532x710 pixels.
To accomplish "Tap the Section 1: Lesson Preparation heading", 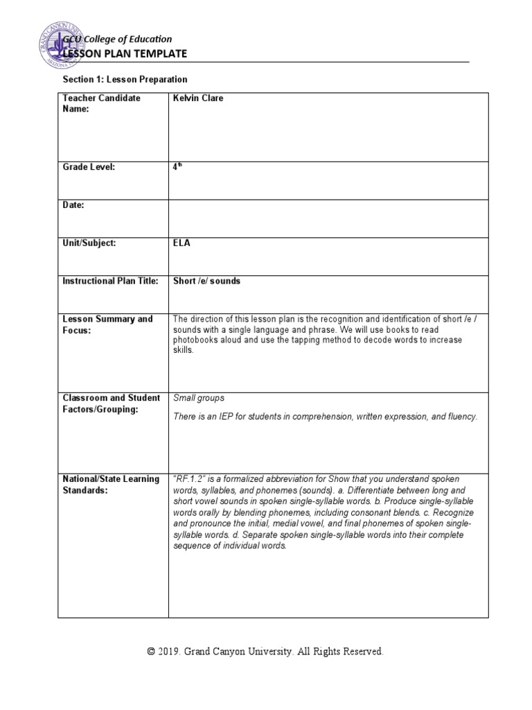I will click(x=125, y=80).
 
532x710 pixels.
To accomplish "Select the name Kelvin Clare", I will click(x=197, y=98).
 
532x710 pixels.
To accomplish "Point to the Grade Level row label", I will click(x=89, y=167).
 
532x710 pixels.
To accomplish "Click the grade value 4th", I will click(x=176, y=167).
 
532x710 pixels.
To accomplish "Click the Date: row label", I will click(x=74, y=205).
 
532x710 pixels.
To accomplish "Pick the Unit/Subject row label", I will click(x=89, y=243).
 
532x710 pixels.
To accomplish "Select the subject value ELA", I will click(x=181, y=243).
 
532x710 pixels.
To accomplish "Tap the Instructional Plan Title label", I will click(x=111, y=281).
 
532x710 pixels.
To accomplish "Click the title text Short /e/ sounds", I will click(x=206, y=281).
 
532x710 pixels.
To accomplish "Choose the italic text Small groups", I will click(x=198, y=398).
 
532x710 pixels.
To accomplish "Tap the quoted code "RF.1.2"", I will click(x=188, y=479).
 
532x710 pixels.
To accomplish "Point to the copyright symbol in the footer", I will click(x=152, y=652).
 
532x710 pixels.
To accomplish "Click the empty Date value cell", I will click(x=328, y=218).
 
